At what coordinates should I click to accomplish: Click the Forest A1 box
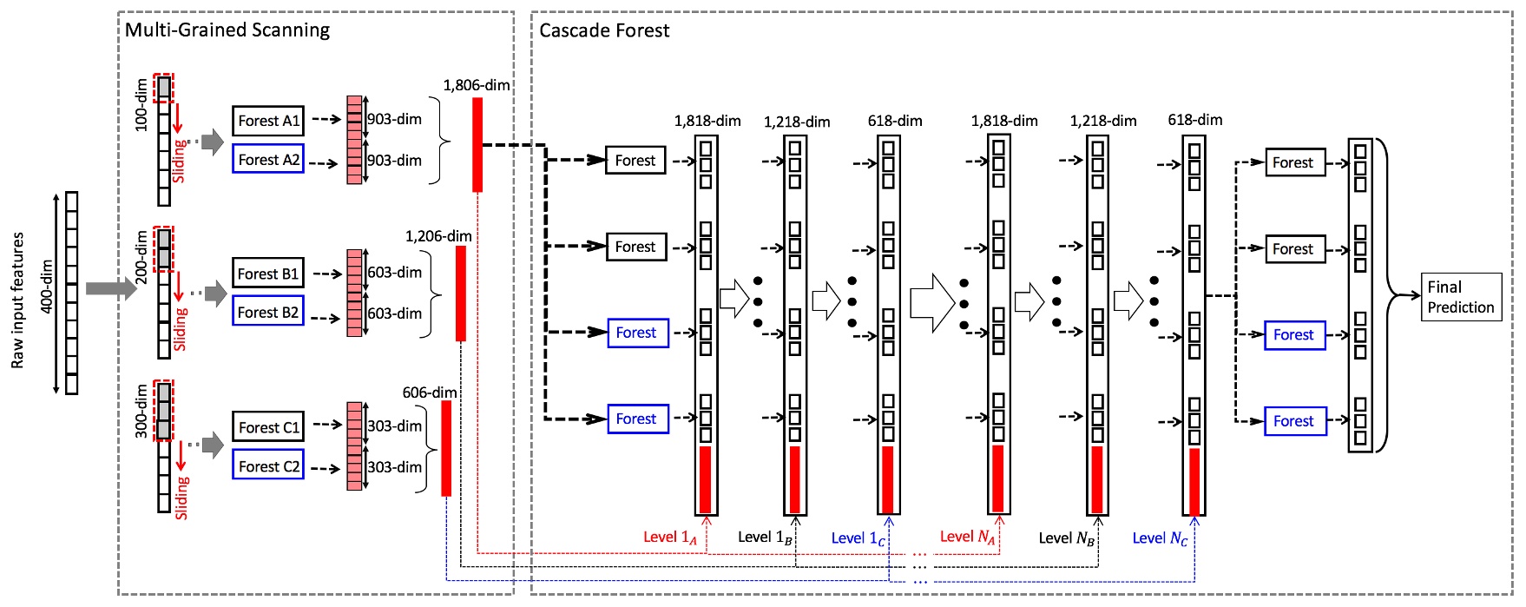point(268,121)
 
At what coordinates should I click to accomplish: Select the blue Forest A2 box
point(268,159)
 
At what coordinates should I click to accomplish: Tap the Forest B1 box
point(268,274)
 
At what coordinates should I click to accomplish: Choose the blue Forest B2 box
point(268,312)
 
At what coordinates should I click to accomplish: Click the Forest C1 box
point(268,427)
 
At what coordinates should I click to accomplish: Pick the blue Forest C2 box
point(268,466)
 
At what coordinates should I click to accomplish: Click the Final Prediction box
point(1461,297)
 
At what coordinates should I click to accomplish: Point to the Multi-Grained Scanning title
point(227,30)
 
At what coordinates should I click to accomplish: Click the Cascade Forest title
point(604,30)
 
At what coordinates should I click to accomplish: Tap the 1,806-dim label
point(476,85)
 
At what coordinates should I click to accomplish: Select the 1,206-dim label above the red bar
point(438,236)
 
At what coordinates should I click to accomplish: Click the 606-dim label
point(429,393)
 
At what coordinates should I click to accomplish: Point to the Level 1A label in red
point(669,538)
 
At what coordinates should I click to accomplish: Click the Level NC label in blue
point(1160,538)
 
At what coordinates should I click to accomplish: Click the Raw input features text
point(17,300)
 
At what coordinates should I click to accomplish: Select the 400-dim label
point(47,287)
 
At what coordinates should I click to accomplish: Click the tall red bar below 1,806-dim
point(477,144)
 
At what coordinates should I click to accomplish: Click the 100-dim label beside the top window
point(141,105)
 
